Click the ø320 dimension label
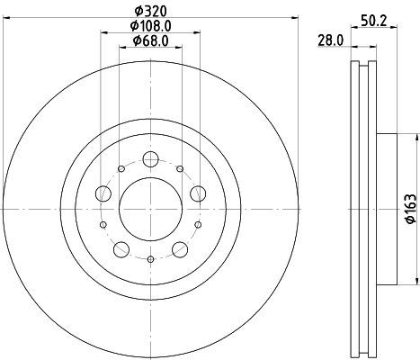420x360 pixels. tap(150, 12)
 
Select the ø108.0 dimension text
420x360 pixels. tap(150, 26)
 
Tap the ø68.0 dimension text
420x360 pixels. tap(150, 40)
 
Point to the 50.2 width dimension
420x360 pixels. tap(374, 21)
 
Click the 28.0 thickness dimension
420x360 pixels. tap(331, 40)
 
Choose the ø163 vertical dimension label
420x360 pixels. tap(411, 209)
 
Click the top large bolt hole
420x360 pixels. tap(150, 159)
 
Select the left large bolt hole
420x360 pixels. tap(103, 193)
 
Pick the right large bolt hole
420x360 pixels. tap(198, 193)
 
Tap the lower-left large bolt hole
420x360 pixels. tap(121, 249)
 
